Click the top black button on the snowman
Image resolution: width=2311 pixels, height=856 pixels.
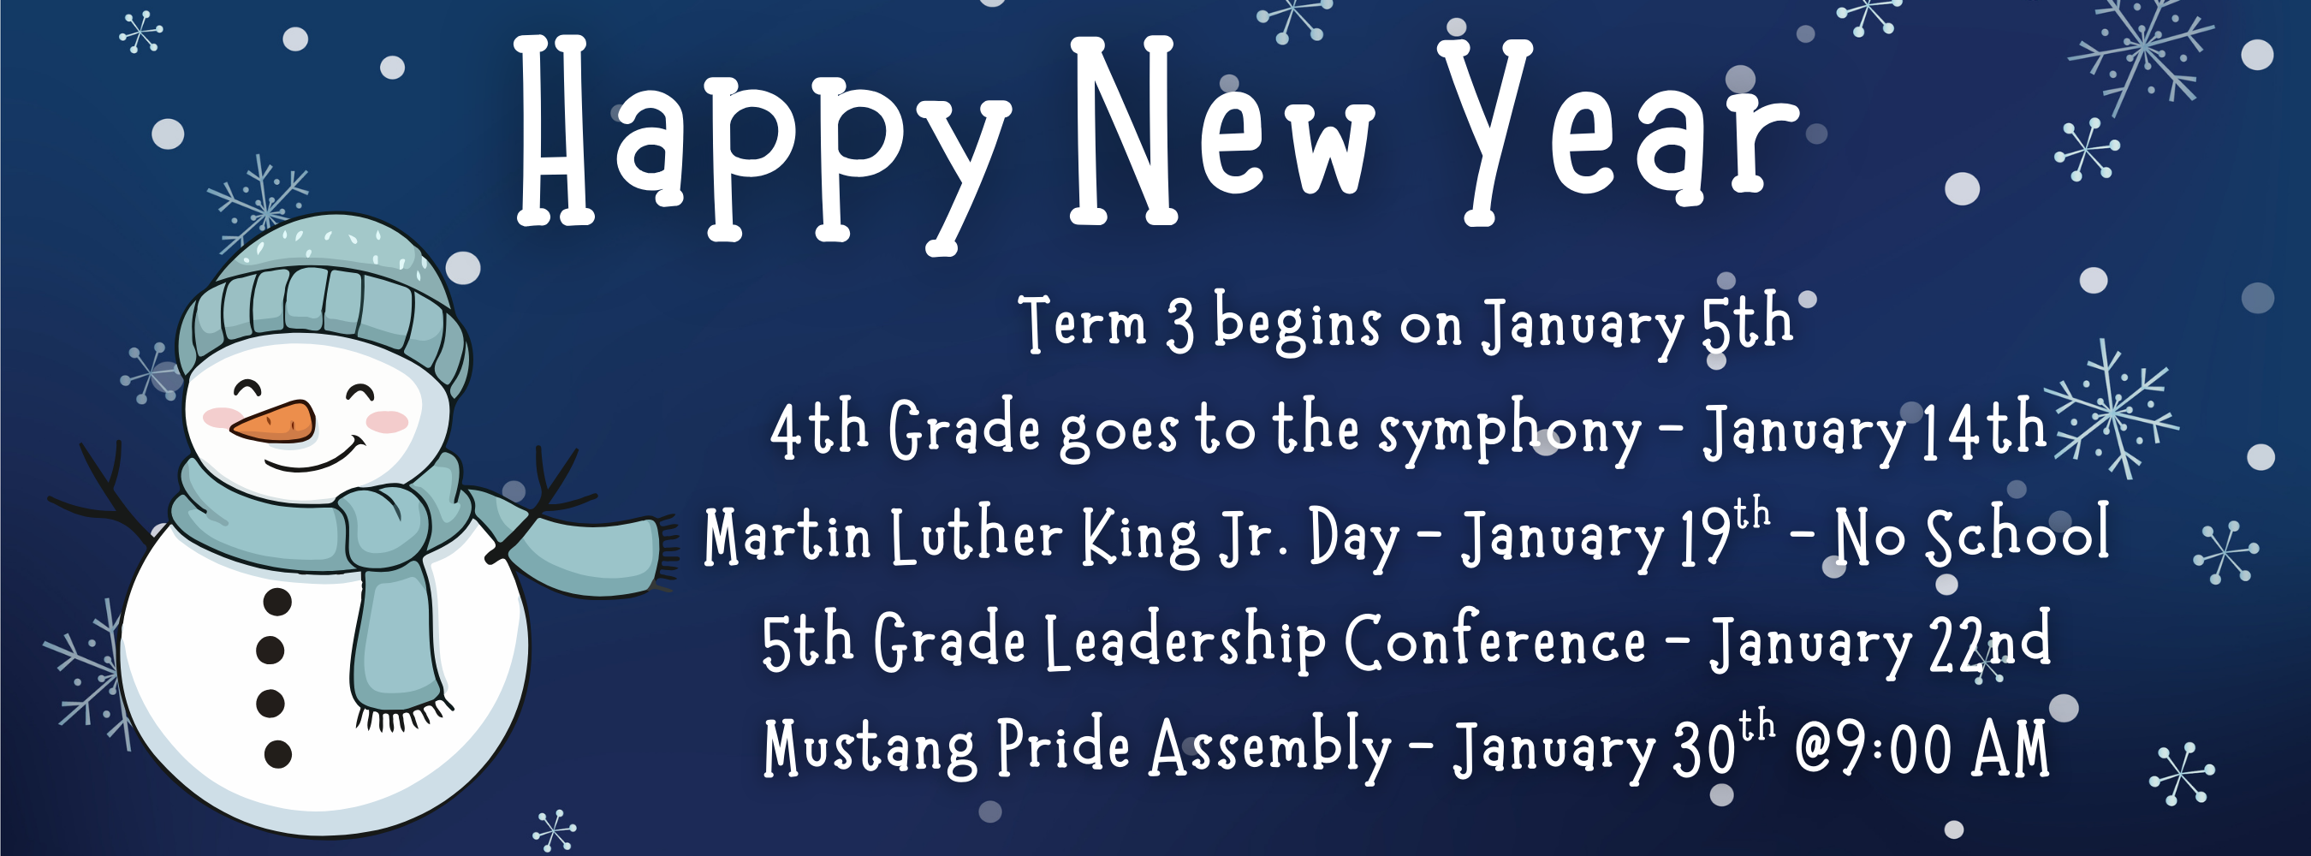tap(277, 601)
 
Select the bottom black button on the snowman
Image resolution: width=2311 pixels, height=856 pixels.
tap(278, 754)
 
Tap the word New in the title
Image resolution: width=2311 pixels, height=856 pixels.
tap(1220, 134)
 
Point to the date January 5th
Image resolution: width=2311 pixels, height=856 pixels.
tap(1637, 324)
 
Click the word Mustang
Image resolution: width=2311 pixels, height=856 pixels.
tap(870, 747)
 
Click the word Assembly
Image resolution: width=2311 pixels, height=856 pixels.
tap(1270, 747)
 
